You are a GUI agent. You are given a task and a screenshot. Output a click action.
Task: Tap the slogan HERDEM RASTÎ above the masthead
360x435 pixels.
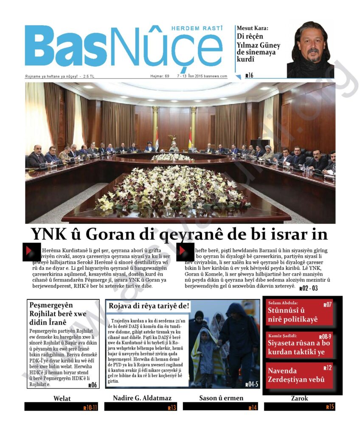[197, 28]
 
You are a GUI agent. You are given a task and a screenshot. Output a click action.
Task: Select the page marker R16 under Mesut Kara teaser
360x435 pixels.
[249, 76]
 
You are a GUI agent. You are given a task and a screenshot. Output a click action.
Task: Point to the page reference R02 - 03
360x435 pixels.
[308, 288]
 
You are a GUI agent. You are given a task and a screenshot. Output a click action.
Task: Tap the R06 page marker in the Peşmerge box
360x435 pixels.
[93, 385]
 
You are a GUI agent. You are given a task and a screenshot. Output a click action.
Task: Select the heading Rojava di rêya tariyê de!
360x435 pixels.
[149, 306]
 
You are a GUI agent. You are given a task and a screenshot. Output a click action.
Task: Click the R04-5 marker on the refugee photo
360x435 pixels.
[252, 384]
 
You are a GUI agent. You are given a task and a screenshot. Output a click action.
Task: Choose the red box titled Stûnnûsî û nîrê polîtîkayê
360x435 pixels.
[300, 313]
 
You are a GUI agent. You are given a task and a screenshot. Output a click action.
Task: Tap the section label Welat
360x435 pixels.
[62, 398]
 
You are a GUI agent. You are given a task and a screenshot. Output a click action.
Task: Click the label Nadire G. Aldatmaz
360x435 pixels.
[142, 398]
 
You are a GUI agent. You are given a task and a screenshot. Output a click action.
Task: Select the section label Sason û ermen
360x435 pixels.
[221, 398]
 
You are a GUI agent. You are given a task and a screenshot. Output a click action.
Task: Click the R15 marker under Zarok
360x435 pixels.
[330, 407]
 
